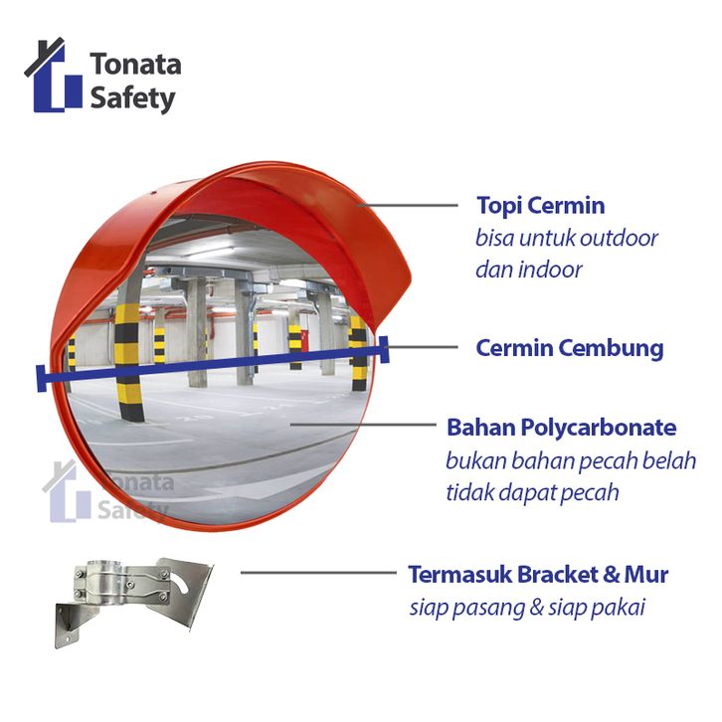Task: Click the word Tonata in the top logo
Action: tap(135, 64)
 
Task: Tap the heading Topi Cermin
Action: tap(540, 207)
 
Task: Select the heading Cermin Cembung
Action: tap(569, 349)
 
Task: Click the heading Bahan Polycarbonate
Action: tap(561, 429)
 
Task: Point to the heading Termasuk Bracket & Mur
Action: tap(538, 575)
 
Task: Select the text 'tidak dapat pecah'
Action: tap(531, 492)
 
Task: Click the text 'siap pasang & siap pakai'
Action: tap(527, 607)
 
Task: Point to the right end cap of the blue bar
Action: tap(384, 349)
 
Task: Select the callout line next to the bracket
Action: tap(318, 574)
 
